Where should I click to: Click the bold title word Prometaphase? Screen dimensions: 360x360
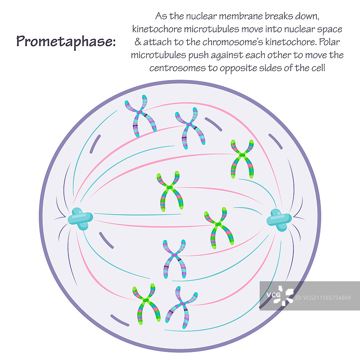(66, 41)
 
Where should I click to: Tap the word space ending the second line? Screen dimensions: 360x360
(331, 29)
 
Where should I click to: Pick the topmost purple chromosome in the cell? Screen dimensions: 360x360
(140, 116)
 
